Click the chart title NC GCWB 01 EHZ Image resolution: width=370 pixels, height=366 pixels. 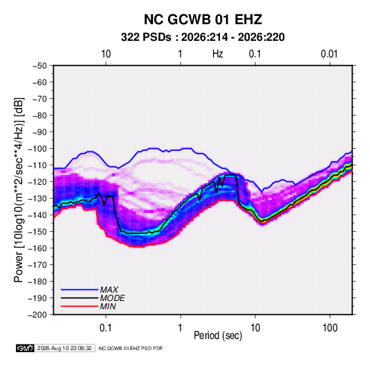[x=203, y=19]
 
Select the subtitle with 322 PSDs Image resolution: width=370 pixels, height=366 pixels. [x=203, y=37]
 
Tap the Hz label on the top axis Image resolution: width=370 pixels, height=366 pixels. [x=218, y=54]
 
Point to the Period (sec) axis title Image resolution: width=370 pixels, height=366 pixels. [x=218, y=336]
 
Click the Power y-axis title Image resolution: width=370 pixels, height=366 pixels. [x=19, y=190]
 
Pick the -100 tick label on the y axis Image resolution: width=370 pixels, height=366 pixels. [x=37, y=149]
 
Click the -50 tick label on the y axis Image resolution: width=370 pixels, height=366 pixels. [x=39, y=66]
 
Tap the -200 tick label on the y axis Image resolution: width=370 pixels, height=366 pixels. [x=37, y=315]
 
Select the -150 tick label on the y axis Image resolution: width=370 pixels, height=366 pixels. [x=37, y=232]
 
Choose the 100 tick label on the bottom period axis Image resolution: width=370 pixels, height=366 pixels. [x=330, y=328]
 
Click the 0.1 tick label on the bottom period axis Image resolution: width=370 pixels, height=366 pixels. [x=106, y=328]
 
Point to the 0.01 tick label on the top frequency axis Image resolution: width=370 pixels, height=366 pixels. [x=329, y=54]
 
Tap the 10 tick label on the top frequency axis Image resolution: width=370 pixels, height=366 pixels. [x=106, y=54]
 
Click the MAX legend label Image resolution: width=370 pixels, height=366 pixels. [x=109, y=290]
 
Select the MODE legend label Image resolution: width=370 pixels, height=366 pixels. [x=112, y=298]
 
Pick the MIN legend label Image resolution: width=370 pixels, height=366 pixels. [x=108, y=306]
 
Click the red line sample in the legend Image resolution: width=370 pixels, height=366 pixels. [x=80, y=306]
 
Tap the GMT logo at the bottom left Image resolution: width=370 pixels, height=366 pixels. [x=26, y=348]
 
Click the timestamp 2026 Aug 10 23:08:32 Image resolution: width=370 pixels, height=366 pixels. [x=64, y=348]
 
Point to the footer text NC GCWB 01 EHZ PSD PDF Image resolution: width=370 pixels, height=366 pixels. [x=131, y=348]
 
